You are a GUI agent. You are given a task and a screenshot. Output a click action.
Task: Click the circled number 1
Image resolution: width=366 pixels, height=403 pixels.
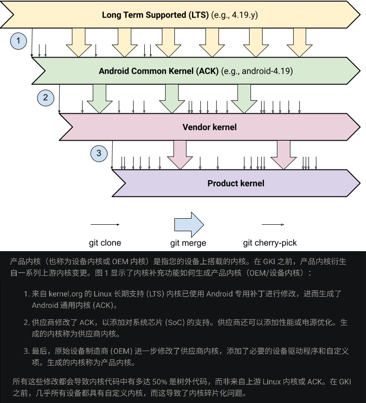click(19, 41)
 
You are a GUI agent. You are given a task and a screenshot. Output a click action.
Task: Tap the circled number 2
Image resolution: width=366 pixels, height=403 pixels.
click(45, 97)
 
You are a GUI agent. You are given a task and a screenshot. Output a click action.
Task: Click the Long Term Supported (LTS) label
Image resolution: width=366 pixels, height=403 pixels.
click(155, 15)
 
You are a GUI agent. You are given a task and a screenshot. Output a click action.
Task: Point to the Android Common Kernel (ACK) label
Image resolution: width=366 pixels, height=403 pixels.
click(160, 71)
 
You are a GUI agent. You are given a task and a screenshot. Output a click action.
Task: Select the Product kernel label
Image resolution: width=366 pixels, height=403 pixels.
click(236, 183)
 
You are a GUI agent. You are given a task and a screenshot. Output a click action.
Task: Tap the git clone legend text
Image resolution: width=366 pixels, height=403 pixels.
click(105, 243)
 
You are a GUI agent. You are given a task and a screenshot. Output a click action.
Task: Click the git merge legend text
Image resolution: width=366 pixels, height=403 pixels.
click(188, 243)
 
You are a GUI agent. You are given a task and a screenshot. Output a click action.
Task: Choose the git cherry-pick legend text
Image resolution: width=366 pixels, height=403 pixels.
click(270, 243)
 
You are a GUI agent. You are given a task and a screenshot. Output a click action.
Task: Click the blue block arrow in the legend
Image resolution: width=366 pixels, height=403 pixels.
click(189, 225)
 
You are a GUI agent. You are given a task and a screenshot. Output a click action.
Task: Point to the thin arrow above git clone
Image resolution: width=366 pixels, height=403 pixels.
click(105, 225)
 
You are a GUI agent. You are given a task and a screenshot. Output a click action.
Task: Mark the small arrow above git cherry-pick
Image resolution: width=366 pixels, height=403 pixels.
click(273, 225)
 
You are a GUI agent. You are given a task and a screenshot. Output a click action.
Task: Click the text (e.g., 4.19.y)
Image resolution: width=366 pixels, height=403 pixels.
click(235, 15)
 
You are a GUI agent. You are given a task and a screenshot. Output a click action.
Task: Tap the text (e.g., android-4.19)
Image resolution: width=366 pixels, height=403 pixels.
click(257, 71)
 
